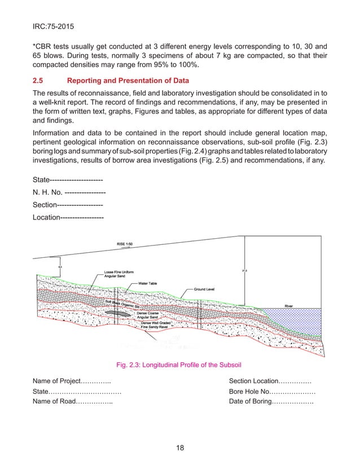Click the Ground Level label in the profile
coord(205,288)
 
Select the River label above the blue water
coord(288,305)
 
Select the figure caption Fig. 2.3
coord(179,364)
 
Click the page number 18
coord(180,448)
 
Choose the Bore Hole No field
coord(271,391)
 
